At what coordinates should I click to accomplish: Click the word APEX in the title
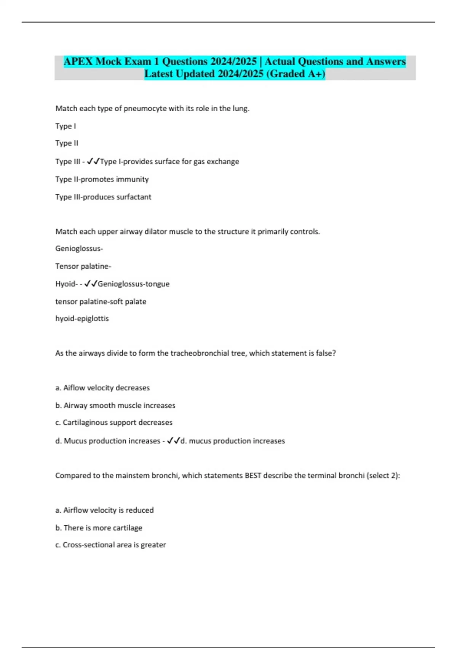[78, 61]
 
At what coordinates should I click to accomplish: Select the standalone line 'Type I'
[66, 126]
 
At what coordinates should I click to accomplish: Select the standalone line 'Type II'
[67, 143]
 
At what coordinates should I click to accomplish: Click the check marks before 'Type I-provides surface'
[93, 161]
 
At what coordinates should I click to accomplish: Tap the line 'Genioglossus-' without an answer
[79, 249]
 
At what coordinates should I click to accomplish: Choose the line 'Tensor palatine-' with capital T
[83, 266]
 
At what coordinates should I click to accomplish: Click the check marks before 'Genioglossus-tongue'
[91, 284]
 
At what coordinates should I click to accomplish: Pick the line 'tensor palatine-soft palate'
[101, 302]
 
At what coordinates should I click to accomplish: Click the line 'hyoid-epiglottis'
[82, 318]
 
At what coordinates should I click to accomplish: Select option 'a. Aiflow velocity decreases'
[102, 388]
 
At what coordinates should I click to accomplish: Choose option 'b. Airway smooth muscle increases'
[115, 405]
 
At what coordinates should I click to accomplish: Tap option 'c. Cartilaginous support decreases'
[114, 422]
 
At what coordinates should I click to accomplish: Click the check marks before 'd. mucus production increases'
[173, 441]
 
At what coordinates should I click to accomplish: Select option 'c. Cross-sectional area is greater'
[110, 545]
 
